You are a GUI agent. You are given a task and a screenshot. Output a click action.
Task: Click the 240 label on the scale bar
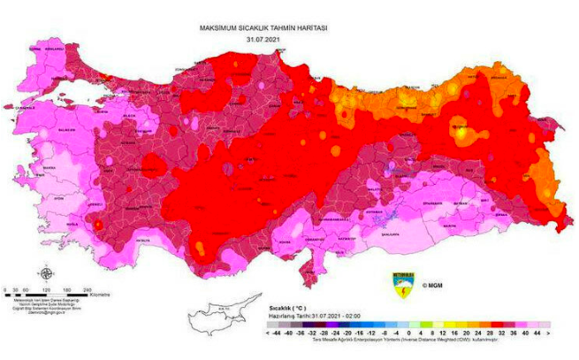coord(88,289)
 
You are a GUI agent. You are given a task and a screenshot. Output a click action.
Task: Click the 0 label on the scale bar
coord(6,289)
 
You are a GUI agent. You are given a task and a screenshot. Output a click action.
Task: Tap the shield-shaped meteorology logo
coord(402,285)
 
